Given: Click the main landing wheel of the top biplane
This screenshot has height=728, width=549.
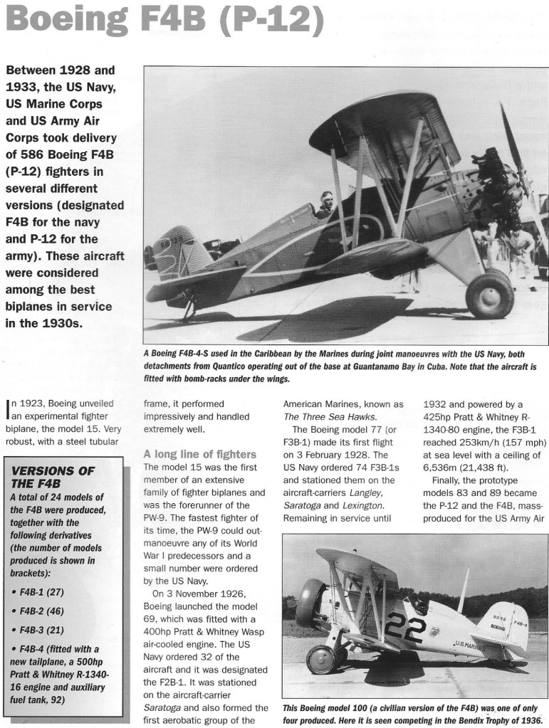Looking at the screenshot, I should click(x=489, y=294).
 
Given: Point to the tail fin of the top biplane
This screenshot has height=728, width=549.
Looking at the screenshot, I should click(x=174, y=249).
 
